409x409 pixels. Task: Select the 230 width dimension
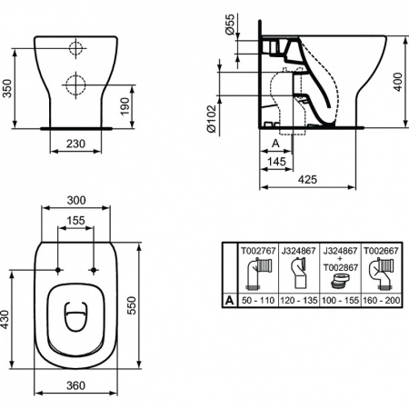(x=75, y=143)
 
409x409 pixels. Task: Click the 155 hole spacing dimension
(x=75, y=221)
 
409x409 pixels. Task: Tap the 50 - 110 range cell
(x=255, y=297)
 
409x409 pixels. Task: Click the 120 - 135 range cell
(x=294, y=297)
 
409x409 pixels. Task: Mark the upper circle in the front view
(x=75, y=49)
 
